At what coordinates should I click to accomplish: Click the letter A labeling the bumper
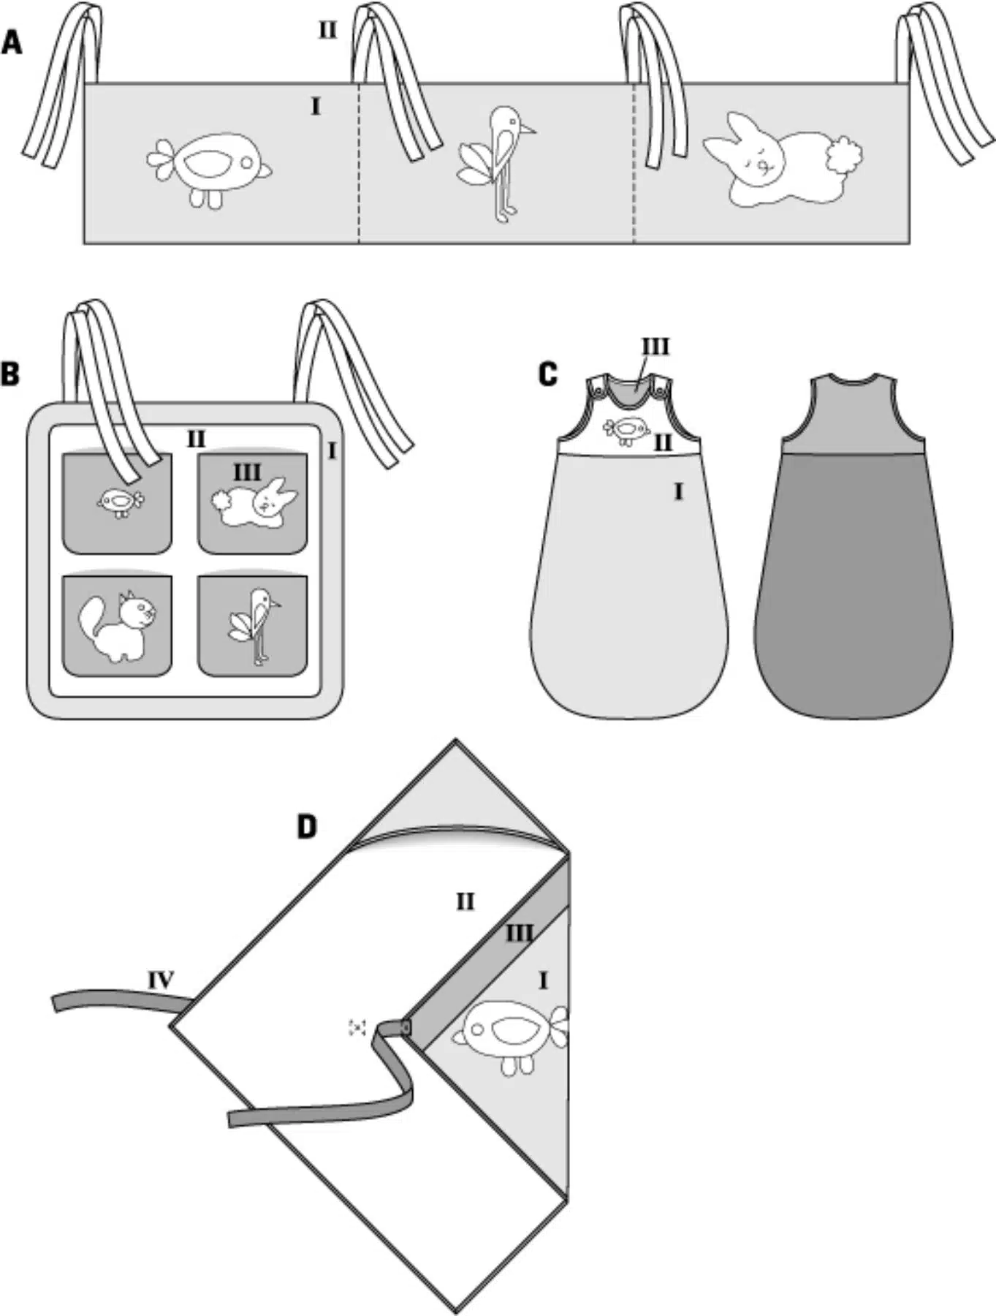12,43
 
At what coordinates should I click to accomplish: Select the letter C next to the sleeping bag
547,374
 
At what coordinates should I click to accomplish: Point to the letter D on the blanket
307,827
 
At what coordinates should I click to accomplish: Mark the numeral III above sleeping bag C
655,347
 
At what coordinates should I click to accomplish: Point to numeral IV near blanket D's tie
161,980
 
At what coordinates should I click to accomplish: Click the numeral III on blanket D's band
519,933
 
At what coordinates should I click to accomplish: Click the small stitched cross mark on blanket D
357,1027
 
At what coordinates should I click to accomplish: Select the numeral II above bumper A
327,31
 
